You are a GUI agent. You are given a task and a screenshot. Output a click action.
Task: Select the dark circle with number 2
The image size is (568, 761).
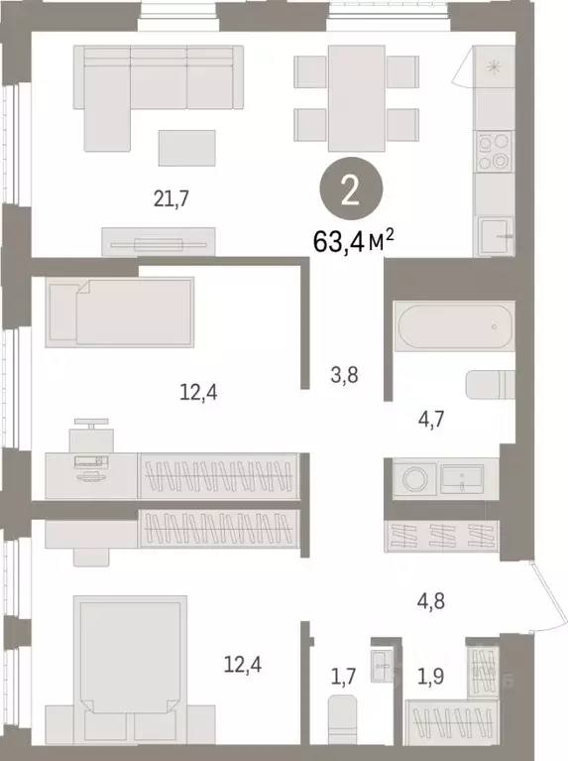pyautogui.click(x=350, y=191)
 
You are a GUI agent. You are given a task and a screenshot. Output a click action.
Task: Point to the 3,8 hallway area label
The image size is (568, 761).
pyautogui.click(x=342, y=374)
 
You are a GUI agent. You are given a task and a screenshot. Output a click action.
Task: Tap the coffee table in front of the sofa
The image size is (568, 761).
pyautogui.click(x=185, y=148)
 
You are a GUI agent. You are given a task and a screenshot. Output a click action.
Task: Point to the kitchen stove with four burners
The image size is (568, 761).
pyautogui.click(x=493, y=152)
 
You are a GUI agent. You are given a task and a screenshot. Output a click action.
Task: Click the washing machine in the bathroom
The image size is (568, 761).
pyautogui.click(x=415, y=478)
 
